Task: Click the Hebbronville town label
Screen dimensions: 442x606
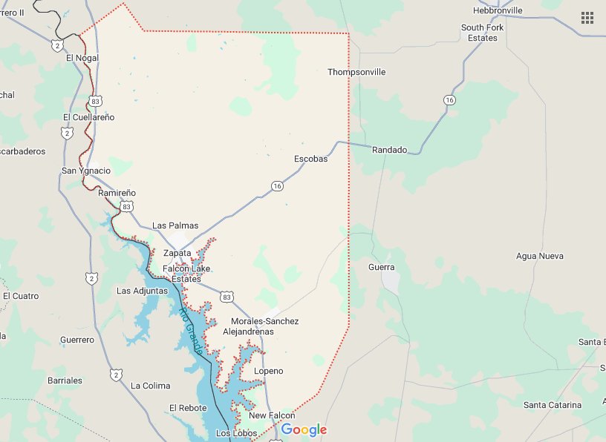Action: pyautogui.click(x=498, y=10)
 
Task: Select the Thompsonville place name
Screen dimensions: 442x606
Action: pyautogui.click(x=356, y=73)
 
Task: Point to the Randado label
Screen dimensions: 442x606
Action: pyautogui.click(x=390, y=150)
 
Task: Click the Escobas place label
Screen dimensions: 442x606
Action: pyautogui.click(x=310, y=159)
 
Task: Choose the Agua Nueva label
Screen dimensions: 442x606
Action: pyautogui.click(x=539, y=256)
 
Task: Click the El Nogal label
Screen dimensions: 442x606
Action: pyautogui.click(x=82, y=58)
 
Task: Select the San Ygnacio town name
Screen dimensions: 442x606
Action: pyautogui.click(x=85, y=171)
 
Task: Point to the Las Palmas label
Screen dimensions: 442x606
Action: pyautogui.click(x=175, y=225)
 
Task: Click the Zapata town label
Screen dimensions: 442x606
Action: pyautogui.click(x=177, y=253)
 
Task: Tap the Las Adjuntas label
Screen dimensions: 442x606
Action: pyautogui.click(x=143, y=291)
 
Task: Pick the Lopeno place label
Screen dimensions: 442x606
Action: pyautogui.click(x=268, y=371)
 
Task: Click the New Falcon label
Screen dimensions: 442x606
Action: pyautogui.click(x=272, y=415)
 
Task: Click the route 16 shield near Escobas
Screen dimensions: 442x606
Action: pyautogui.click(x=276, y=185)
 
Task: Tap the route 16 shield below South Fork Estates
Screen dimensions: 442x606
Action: pyautogui.click(x=449, y=99)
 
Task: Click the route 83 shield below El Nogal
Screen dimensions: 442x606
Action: pyautogui.click(x=95, y=100)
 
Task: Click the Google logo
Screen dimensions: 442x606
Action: pyautogui.click(x=304, y=430)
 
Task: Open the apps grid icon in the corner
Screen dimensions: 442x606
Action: pyautogui.click(x=587, y=18)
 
